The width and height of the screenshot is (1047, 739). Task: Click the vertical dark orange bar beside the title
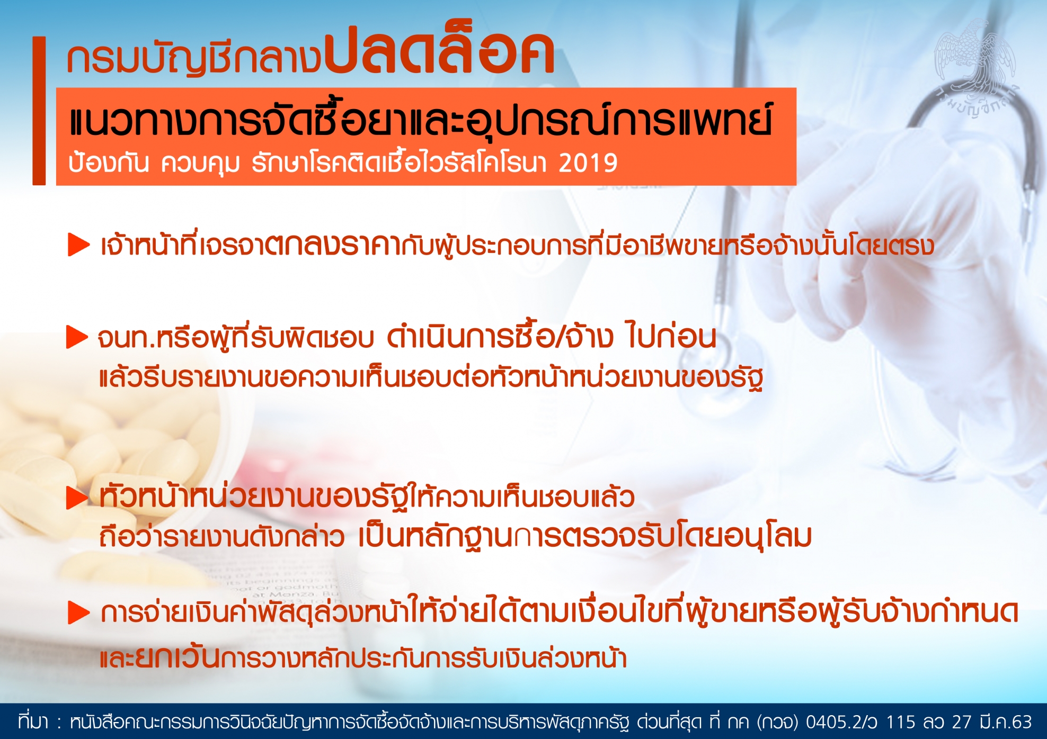(39, 111)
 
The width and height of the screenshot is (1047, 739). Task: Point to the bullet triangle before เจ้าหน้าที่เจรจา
(79, 245)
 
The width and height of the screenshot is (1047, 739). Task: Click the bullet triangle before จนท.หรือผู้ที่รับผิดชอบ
(77, 337)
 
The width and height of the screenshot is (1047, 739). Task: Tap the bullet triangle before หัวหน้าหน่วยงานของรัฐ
(77, 498)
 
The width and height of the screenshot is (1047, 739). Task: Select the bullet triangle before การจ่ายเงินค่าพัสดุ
(79, 613)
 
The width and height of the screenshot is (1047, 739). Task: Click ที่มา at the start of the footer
(33, 722)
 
